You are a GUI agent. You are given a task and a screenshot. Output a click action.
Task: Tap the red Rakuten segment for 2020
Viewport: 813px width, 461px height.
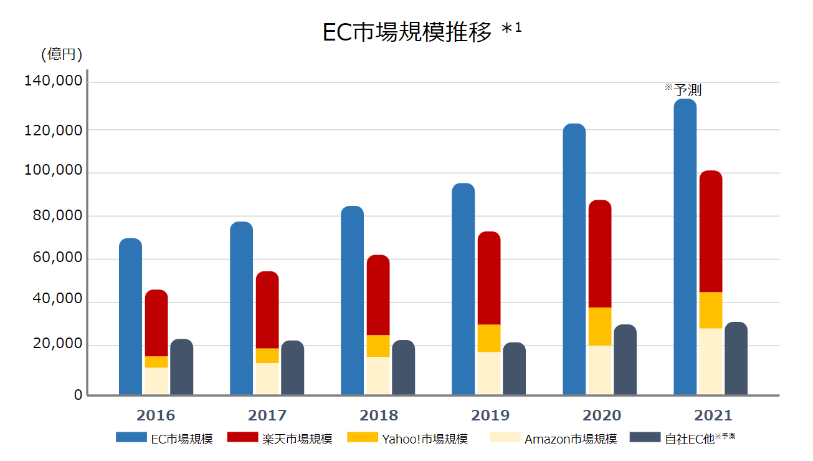(x=600, y=254)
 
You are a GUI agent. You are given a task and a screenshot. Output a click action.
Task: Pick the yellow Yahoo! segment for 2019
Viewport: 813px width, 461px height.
(x=489, y=338)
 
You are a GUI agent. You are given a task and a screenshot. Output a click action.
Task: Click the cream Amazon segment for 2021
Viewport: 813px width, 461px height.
(x=711, y=361)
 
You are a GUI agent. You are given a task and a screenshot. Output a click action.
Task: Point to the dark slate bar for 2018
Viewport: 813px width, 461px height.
(x=403, y=367)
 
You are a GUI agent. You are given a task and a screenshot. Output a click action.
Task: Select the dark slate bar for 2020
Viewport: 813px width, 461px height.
(x=625, y=359)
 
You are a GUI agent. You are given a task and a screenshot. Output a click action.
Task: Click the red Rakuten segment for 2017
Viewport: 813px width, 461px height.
(x=267, y=309)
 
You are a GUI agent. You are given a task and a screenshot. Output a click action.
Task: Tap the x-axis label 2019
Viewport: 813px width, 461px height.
(x=490, y=415)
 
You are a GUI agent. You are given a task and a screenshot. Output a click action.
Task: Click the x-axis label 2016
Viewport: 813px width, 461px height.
(x=156, y=415)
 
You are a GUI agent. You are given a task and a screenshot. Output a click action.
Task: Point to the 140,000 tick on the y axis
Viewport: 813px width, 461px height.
(x=53, y=81)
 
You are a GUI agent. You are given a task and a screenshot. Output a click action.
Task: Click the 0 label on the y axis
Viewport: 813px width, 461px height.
(x=78, y=394)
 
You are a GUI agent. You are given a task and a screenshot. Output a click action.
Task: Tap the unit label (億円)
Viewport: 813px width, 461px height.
(x=62, y=54)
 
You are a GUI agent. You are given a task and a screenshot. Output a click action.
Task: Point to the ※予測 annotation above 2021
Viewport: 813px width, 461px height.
(x=683, y=90)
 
